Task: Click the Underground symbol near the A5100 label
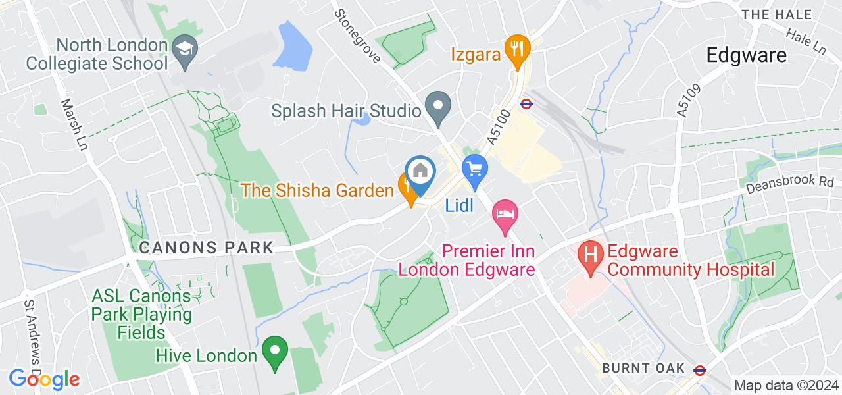(x=526, y=103)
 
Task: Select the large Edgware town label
(x=747, y=55)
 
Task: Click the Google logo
(x=44, y=379)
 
